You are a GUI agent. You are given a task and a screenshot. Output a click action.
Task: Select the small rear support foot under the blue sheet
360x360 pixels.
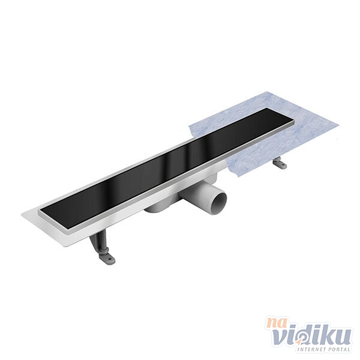280,163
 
